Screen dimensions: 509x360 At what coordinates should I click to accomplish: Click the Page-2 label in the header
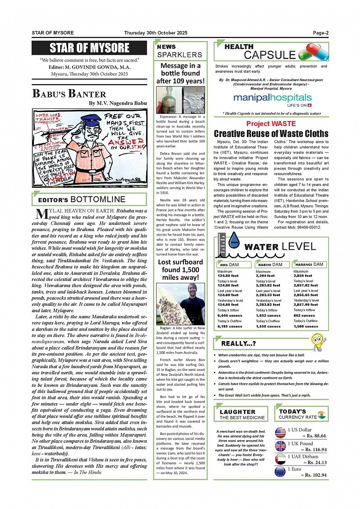320,33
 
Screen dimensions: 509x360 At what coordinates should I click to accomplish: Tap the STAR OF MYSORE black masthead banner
90,48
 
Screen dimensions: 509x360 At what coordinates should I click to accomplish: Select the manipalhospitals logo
272,98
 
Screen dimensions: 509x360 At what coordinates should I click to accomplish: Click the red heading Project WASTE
271,124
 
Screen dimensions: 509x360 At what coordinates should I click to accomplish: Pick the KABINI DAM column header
270,265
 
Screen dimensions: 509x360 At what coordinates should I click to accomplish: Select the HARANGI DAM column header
309,264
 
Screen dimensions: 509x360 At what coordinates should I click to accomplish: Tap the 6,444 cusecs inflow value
230,316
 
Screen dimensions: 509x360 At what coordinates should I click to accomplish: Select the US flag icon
280,432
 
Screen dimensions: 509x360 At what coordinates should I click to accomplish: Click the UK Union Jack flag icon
280,446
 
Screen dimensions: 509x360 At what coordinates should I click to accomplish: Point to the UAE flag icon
280,459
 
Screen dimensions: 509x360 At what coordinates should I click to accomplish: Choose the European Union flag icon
280,472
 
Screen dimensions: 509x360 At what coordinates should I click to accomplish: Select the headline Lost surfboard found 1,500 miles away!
180,270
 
